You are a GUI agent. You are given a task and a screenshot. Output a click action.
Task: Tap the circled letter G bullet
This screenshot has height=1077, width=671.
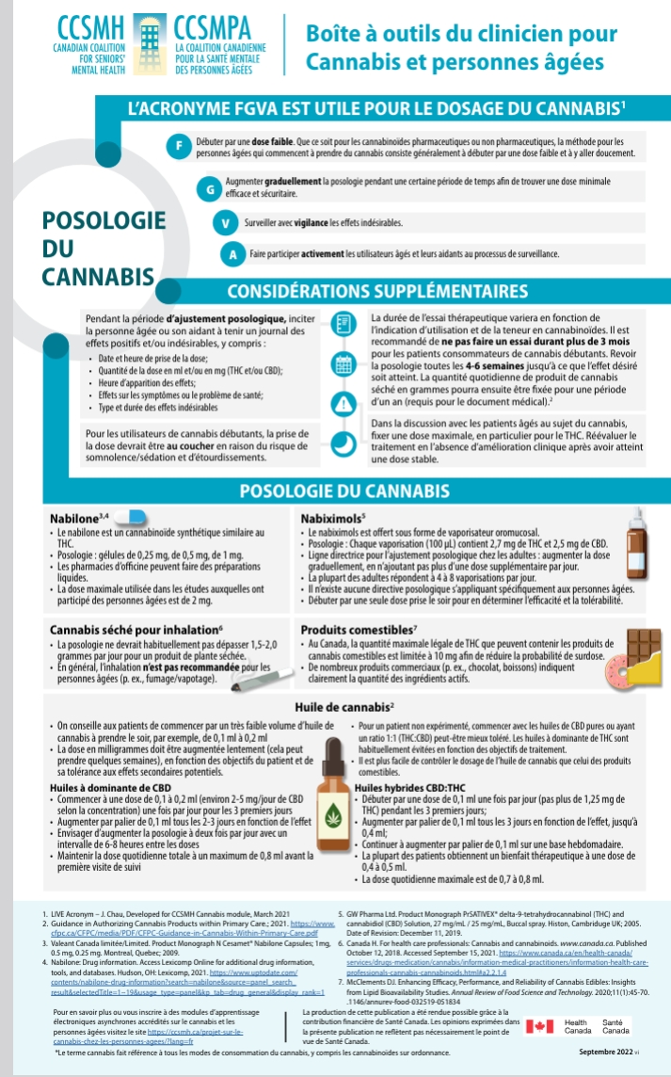click(212, 187)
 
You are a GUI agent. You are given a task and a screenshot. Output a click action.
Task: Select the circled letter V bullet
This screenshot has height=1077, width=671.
click(224, 223)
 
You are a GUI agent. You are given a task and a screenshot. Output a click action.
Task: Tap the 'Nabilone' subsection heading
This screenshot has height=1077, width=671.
click(79, 519)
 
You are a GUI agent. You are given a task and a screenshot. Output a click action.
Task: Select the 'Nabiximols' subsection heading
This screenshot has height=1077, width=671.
click(332, 519)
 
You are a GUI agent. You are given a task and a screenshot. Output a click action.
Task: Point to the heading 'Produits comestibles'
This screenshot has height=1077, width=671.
click(359, 630)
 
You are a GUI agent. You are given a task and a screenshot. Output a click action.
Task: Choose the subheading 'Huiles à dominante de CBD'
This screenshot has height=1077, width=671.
click(110, 786)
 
